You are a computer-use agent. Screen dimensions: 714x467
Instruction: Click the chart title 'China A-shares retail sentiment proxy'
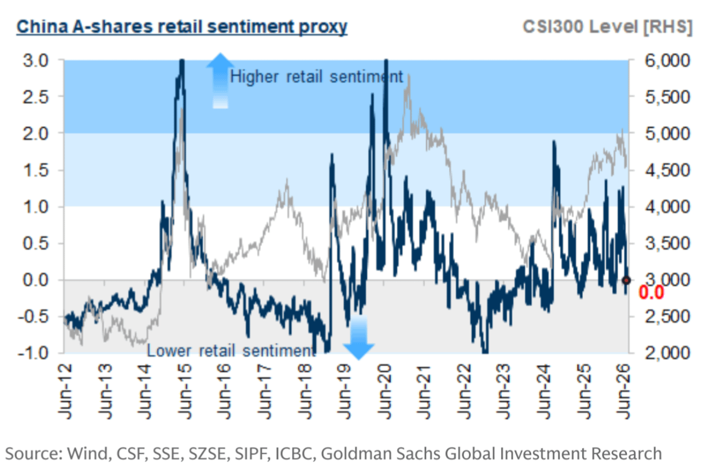(182, 27)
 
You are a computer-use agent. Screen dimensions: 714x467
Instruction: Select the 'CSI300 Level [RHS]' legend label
(607, 27)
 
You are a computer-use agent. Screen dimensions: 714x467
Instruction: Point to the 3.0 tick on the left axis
(35, 60)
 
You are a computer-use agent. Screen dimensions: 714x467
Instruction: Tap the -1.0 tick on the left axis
(33, 353)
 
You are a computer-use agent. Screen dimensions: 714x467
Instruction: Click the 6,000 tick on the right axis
(667, 60)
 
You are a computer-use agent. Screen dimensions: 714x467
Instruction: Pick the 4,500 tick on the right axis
(667, 170)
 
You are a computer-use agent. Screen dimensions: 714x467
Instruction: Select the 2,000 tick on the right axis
(667, 353)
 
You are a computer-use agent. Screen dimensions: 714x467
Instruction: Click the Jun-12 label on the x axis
(65, 391)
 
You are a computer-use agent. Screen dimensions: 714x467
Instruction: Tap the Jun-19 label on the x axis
(344, 391)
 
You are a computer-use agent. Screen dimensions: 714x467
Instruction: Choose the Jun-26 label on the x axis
(624, 391)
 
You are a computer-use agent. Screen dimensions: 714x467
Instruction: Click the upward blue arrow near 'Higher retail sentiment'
(220, 81)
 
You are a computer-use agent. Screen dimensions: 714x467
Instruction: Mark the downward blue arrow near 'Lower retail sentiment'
(359, 338)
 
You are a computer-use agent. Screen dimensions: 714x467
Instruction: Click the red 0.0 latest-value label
(651, 292)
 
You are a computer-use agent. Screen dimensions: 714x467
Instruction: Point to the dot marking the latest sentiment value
(626, 280)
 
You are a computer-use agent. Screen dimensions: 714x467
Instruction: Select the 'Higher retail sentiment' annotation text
(317, 77)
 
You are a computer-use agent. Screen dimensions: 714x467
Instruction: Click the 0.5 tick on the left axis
(35, 243)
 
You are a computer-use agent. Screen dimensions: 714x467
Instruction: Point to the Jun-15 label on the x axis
(185, 391)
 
